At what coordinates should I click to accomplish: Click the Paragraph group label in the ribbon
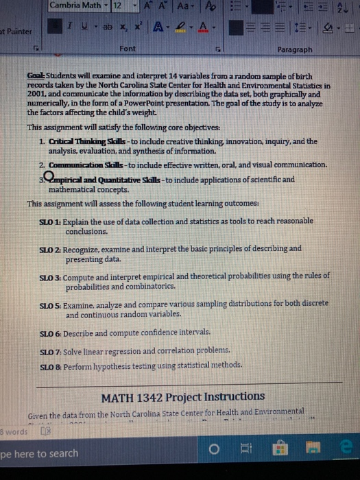(296, 49)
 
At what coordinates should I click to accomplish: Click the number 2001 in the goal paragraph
(40, 97)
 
